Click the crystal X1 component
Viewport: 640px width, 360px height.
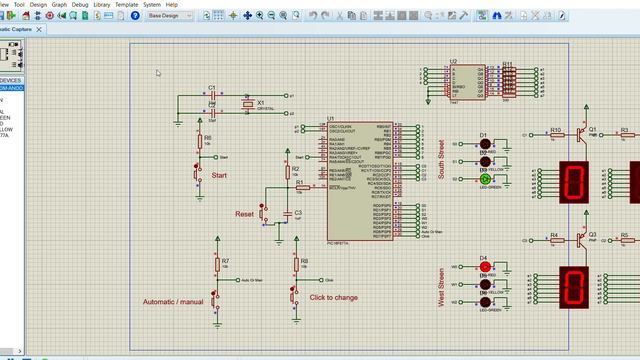coord(246,104)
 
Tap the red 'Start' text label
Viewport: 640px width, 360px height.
coord(218,175)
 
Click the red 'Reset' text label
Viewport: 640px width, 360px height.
coord(244,214)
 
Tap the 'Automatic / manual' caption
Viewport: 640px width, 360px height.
coord(173,301)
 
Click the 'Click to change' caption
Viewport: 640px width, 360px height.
coord(334,297)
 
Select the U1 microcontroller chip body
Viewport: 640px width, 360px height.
coord(358,180)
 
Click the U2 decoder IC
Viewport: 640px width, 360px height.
coord(466,82)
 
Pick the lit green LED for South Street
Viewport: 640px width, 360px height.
coord(485,179)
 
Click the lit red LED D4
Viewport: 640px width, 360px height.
coord(485,267)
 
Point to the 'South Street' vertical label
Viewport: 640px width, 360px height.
coord(440,160)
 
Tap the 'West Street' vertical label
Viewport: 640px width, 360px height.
coord(440,288)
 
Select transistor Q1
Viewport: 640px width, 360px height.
coord(581,133)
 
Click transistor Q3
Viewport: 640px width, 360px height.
coord(581,239)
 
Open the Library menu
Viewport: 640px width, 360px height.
coord(101,4)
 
